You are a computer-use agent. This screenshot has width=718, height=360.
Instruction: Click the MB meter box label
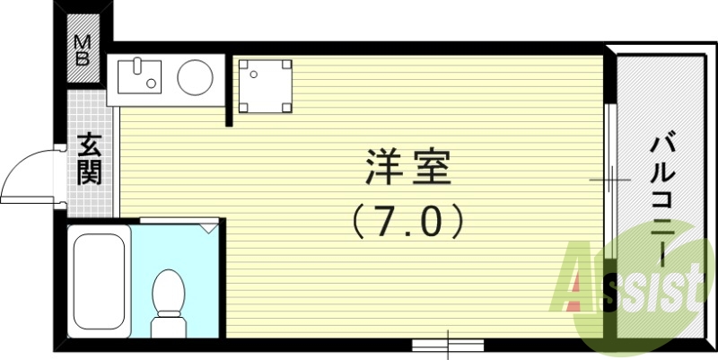[83, 52]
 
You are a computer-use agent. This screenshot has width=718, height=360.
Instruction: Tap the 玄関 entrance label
[89, 158]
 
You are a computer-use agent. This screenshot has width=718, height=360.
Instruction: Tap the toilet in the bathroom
[168, 292]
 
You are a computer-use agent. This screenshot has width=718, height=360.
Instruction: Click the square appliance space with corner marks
[264, 85]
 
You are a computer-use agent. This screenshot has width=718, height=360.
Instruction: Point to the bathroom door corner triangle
[210, 228]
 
